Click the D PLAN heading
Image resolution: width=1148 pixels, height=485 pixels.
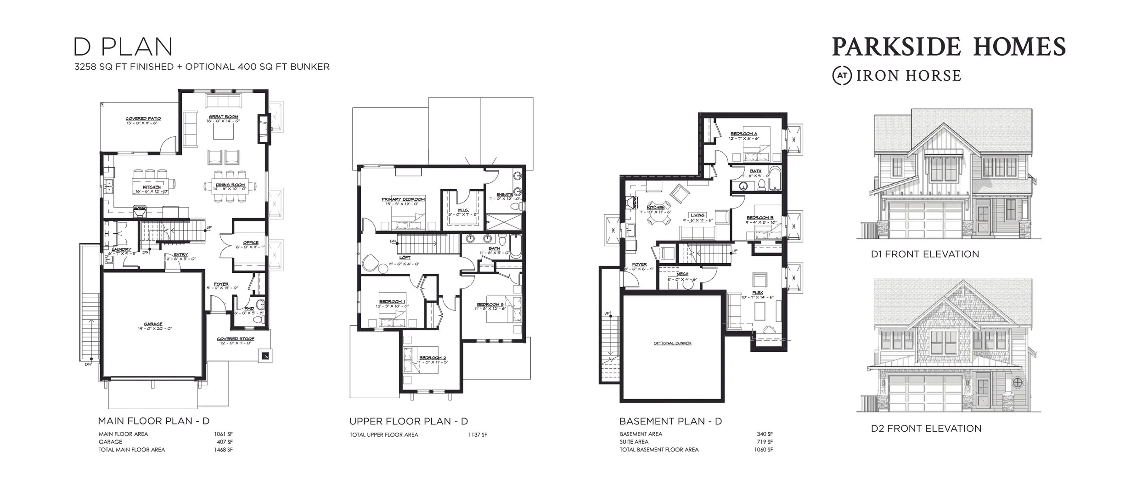(x=123, y=47)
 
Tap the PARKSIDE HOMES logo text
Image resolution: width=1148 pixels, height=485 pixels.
(x=948, y=47)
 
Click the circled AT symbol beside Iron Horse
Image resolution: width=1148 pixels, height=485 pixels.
(x=842, y=76)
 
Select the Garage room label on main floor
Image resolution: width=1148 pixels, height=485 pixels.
(x=153, y=324)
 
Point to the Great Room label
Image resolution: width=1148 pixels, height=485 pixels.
(x=224, y=117)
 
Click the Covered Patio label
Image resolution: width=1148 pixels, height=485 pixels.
(x=143, y=118)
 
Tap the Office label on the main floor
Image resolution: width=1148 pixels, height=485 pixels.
(x=251, y=242)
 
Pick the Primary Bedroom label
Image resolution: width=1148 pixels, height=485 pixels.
(x=403, y=199)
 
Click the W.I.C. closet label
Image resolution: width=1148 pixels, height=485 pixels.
(x=462, y=210)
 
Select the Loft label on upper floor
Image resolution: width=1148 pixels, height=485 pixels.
(x=405, y=258)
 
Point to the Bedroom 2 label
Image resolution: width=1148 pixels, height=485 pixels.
(x=432, y=358)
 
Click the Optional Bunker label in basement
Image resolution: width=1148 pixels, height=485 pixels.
(x=673, y=343)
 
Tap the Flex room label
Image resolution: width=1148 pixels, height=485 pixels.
(x=758, y=293)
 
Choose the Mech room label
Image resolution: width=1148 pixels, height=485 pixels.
(x=682, y=274)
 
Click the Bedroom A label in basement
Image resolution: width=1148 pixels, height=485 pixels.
(x=744, y=134)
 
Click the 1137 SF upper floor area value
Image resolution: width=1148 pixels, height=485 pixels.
(x=478, y=435)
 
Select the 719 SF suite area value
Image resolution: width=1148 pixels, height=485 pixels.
(x=765, y=442)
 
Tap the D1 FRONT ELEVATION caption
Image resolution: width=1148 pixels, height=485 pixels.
(x=925, y=254)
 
